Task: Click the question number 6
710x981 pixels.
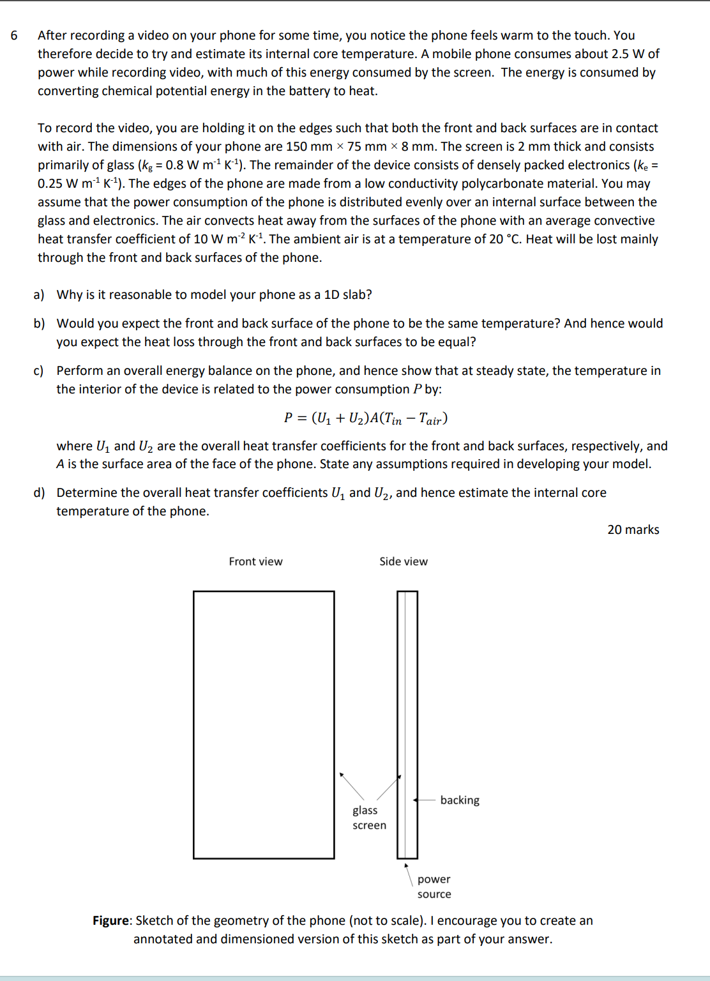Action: point(14,36)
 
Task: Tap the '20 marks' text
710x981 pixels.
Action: point(633,529)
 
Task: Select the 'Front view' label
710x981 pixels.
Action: point(255,561)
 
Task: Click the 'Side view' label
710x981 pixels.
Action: point(404,561)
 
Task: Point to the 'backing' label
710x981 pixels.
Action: point(460,800)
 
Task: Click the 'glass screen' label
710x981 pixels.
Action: point(368,817)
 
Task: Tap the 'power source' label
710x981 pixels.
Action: point(434,886)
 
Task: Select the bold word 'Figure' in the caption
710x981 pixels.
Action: point(111,920)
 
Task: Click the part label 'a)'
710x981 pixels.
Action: point(40,294)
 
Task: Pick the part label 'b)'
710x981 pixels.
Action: point(40,323)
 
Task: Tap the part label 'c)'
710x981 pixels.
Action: point(40,370)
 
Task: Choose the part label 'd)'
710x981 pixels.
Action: point(40,492)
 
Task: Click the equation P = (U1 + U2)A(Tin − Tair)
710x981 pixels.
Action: point(365,418)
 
